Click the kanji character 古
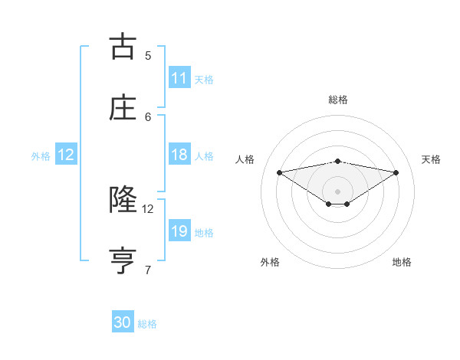(123, 47)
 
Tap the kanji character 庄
(123, 108)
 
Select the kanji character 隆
(123, 200)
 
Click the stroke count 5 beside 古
(148, 55)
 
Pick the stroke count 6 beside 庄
(148, 116)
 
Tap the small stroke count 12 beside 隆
(148, 208)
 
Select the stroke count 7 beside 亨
(148, 270)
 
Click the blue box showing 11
(179, 78)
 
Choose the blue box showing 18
(179, 155)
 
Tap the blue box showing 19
(179, 231)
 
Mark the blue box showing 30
(123, 322)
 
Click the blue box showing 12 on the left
(66, 155)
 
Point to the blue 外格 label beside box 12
(41, 156)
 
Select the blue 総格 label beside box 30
(147, 324)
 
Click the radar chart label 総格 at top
(337, 100)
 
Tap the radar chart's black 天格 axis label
(431, 159)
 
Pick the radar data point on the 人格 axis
(279, 172)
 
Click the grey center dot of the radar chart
(337, 190)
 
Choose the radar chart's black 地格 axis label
(402, 262)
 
